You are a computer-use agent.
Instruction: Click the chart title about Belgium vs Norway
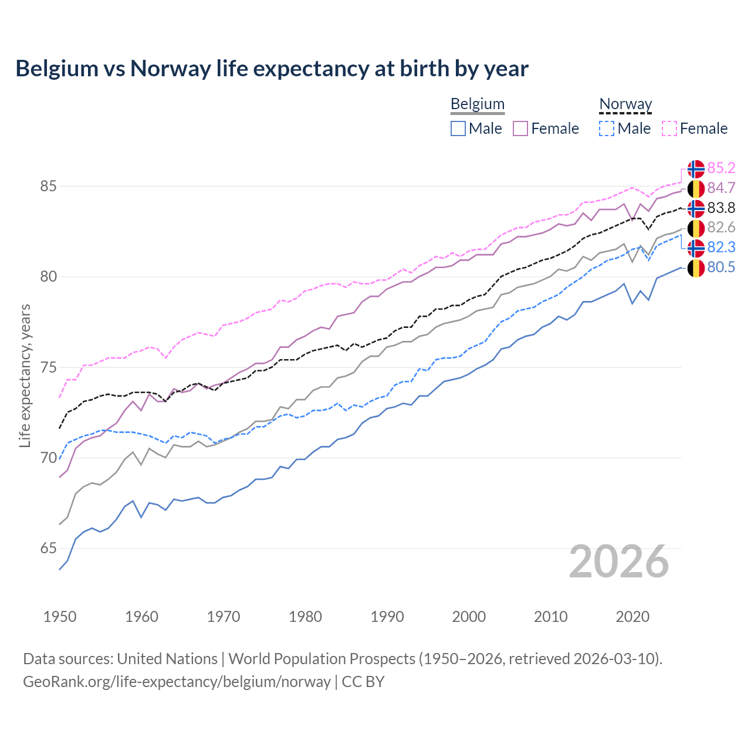coord(272,69)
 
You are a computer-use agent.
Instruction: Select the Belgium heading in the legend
coord(477,104)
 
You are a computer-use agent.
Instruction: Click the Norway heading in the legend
coord(625,104)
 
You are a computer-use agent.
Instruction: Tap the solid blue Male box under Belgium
coord(458,128)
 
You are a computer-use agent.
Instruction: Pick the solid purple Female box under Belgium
coord(520,128)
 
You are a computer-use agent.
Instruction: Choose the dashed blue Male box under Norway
coord(607,128)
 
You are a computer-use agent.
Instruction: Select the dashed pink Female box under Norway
coord(669,128)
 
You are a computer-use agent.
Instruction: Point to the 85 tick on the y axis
coord(48,187)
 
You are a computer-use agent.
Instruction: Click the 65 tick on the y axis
coord(48,549)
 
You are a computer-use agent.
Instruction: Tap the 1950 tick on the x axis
coord(60,617)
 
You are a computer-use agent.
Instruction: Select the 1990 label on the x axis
coord(387,617)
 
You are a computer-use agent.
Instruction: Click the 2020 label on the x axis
coord(632,617)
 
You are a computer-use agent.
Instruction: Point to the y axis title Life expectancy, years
coord(25,375)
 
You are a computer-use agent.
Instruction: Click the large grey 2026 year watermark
coord(618,561)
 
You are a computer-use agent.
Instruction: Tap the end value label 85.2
coord(721,168)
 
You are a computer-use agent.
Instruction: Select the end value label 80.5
coord(721,268)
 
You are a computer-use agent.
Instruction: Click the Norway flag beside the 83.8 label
coord(696,208)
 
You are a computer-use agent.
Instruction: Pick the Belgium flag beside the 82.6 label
coord(696,228)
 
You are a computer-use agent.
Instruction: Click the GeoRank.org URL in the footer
coord(177,682)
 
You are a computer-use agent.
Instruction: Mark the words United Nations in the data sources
coord(167,659)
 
